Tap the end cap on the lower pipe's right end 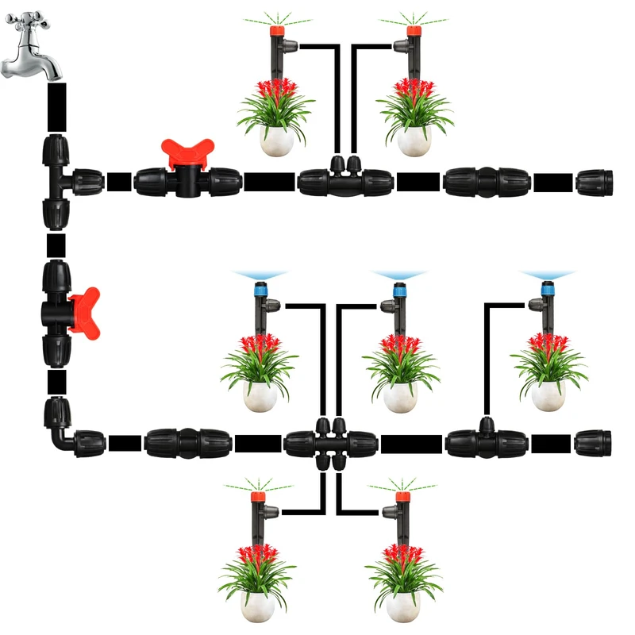point(594,443)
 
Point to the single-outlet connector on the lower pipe point(486,441)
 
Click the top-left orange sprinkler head point(277,33)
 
